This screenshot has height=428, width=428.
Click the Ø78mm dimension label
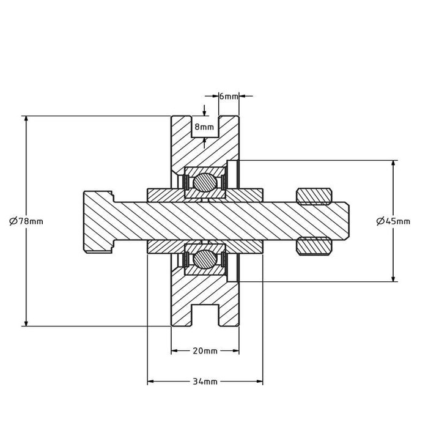(26, 221)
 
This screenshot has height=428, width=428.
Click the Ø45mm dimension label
(393, 221)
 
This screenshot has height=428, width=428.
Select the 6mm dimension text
(229, 97)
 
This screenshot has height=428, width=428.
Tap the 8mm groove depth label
(204, 127)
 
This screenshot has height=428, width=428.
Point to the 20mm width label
(205, 351)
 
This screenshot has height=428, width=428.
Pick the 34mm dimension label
(205, 382)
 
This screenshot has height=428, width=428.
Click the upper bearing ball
(205, 182)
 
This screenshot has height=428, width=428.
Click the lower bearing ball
(205, 259)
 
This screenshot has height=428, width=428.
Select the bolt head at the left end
(98, 221)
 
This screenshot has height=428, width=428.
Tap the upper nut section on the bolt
(314, 195)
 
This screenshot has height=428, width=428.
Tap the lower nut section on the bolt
(314, 246)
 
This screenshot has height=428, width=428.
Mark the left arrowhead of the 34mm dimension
(150, 382)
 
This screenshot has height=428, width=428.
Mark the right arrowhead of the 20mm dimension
(235, 351)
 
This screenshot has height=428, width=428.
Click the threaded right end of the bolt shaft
(339, 221)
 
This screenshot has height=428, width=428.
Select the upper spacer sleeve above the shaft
(165, 195)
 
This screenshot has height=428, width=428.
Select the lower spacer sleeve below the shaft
(165, 246)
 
